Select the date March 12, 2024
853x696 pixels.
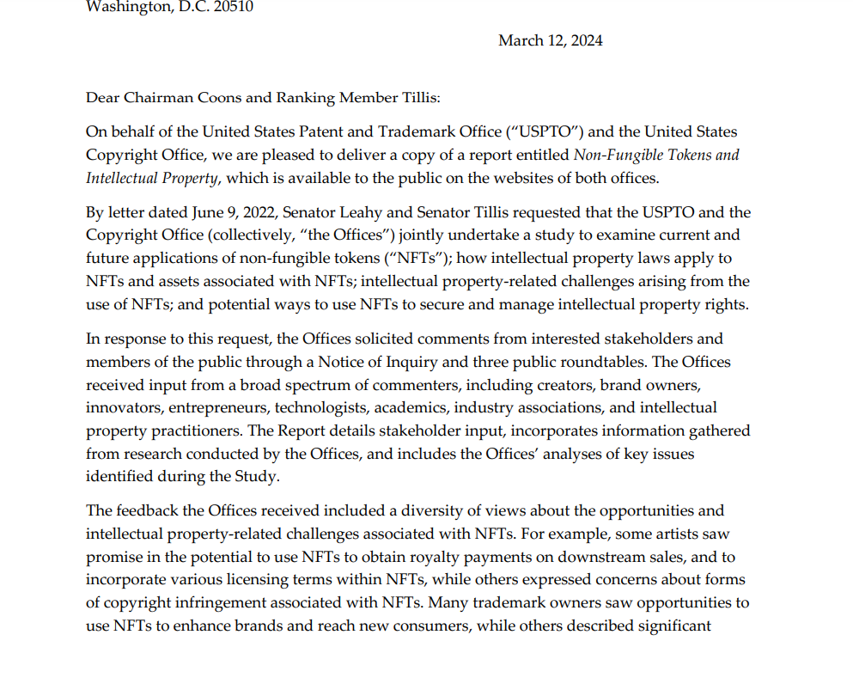[x=550, y=40]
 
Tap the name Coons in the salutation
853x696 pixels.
[x=221, y=97]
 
